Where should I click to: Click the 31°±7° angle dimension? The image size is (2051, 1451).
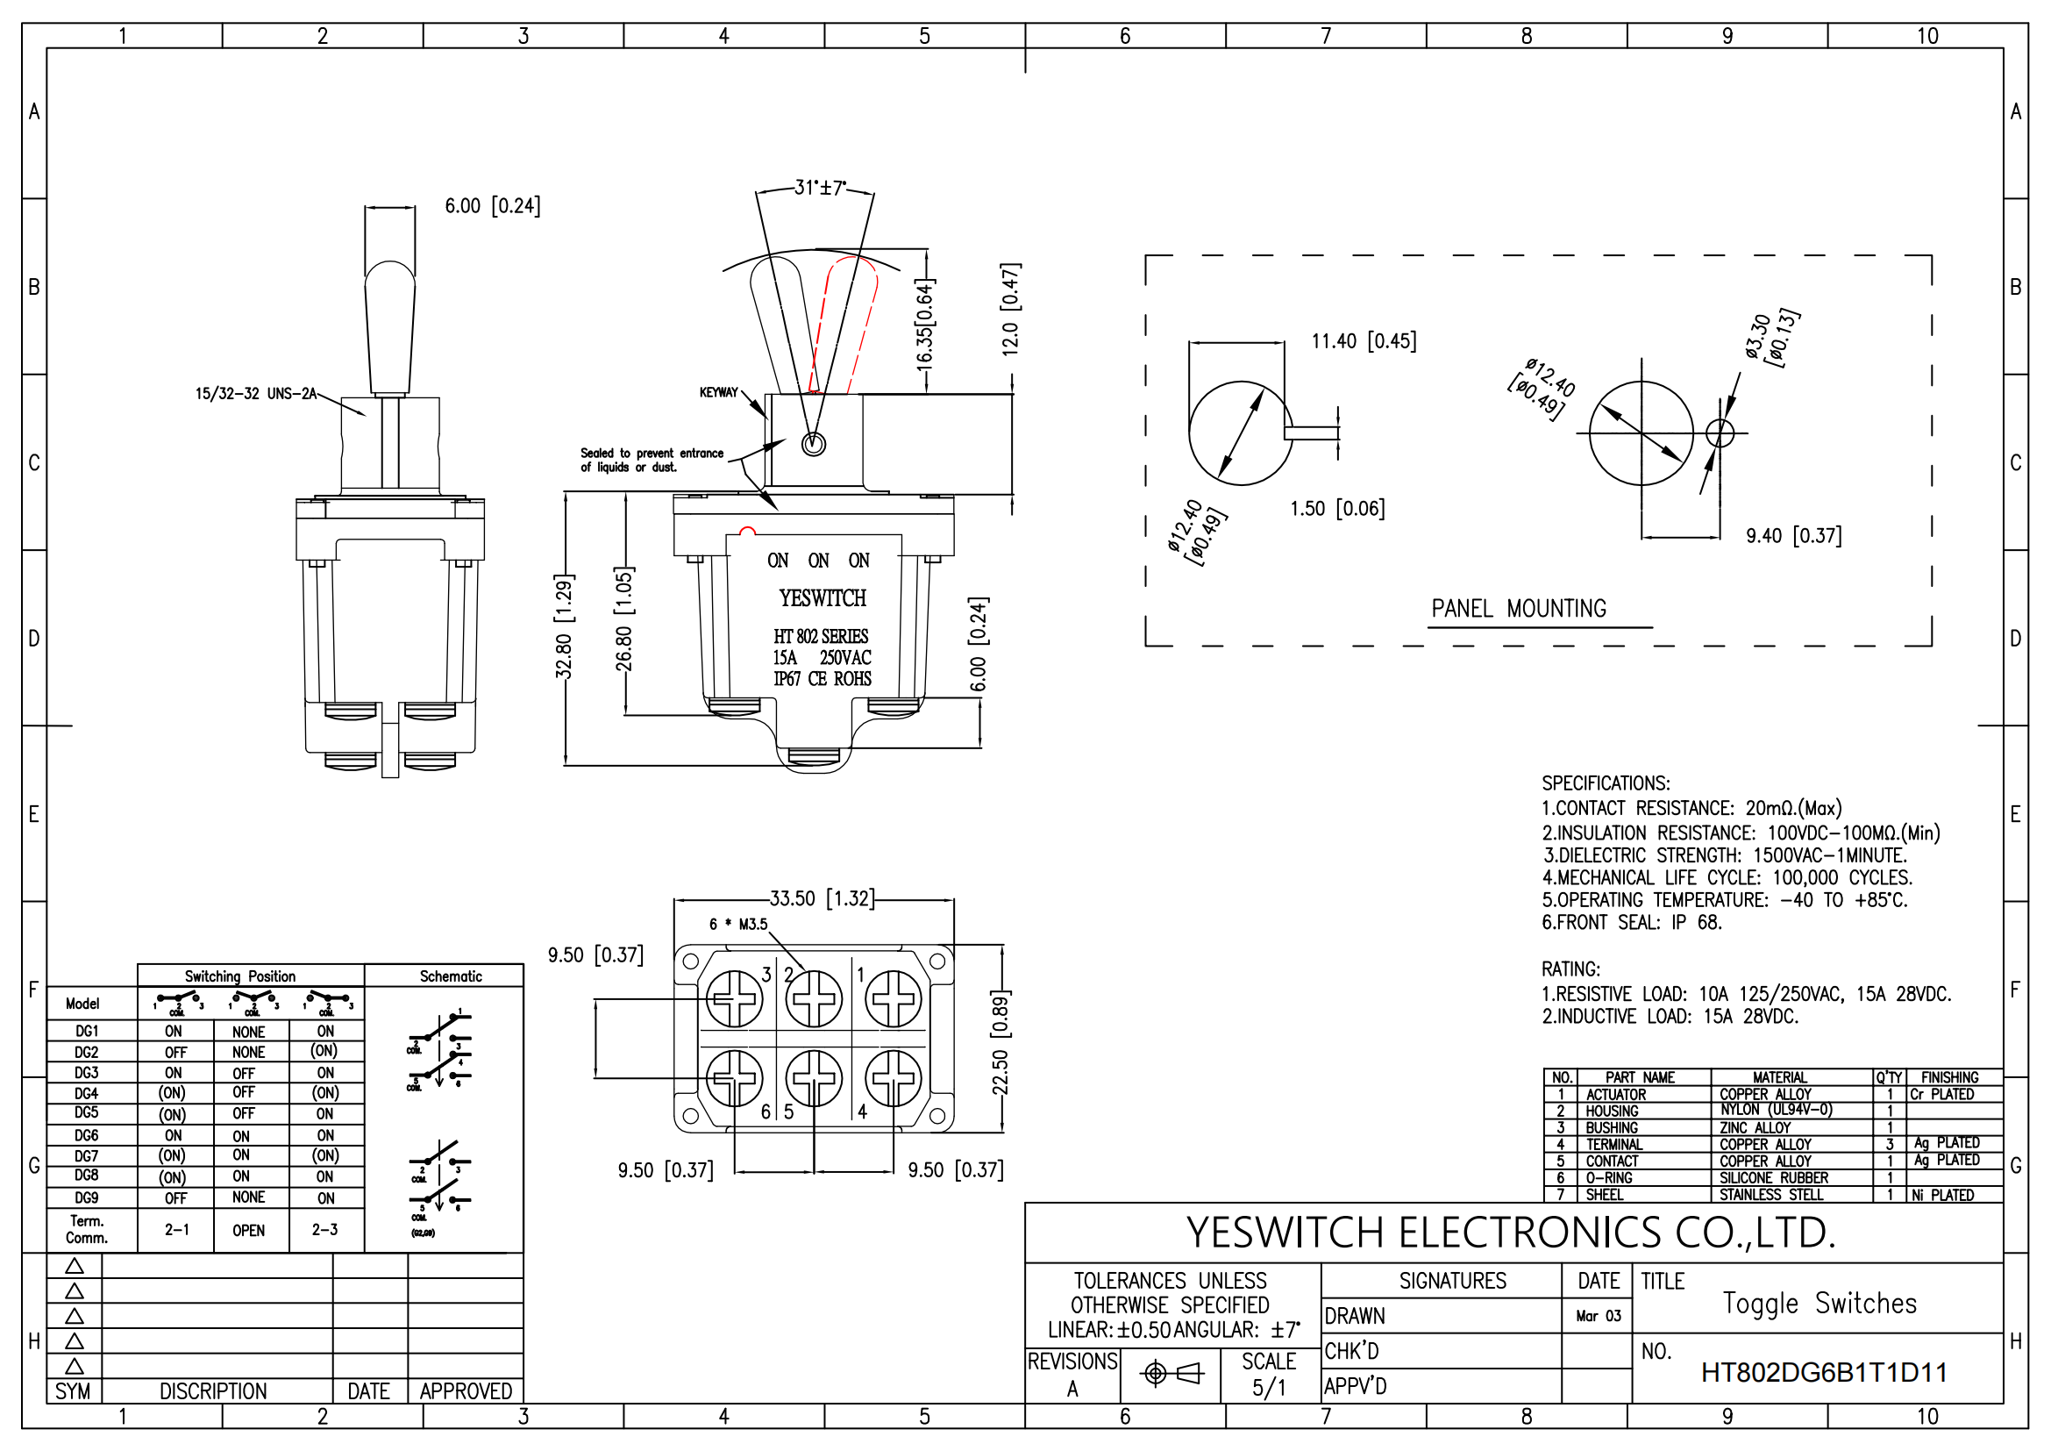coord(819,189)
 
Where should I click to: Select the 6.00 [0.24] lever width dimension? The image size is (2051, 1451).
coord(492,206)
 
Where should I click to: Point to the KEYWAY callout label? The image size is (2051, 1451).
coord(718,392)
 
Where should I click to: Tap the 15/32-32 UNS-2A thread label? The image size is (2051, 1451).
coord(255,394)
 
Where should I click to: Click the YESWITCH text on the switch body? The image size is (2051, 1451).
coord(822,597)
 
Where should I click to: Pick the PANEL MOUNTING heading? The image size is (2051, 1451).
coord(1518,610)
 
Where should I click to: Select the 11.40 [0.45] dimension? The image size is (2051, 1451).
coord(1364,341)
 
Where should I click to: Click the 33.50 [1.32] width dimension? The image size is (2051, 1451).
coord(822,898)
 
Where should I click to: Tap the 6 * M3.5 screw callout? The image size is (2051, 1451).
coord(737,924)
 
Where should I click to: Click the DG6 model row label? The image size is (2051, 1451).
coord(87,1134)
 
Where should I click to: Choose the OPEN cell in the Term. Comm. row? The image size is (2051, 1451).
coord(248,1230)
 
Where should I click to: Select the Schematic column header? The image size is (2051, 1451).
coord(450,976)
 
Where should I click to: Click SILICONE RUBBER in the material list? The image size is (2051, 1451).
coord(1773,1177)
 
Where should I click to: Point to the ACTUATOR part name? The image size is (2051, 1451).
coord(1615,1095)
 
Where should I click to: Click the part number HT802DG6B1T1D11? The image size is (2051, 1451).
coord(1823,1372)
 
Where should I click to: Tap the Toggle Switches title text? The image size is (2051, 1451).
coord(1819,1304)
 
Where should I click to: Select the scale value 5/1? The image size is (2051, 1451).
coord(1268,1388)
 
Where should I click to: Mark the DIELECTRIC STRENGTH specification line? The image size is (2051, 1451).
coord(1724,855)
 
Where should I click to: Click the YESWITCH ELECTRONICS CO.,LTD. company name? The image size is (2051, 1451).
coord(1511,1233)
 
